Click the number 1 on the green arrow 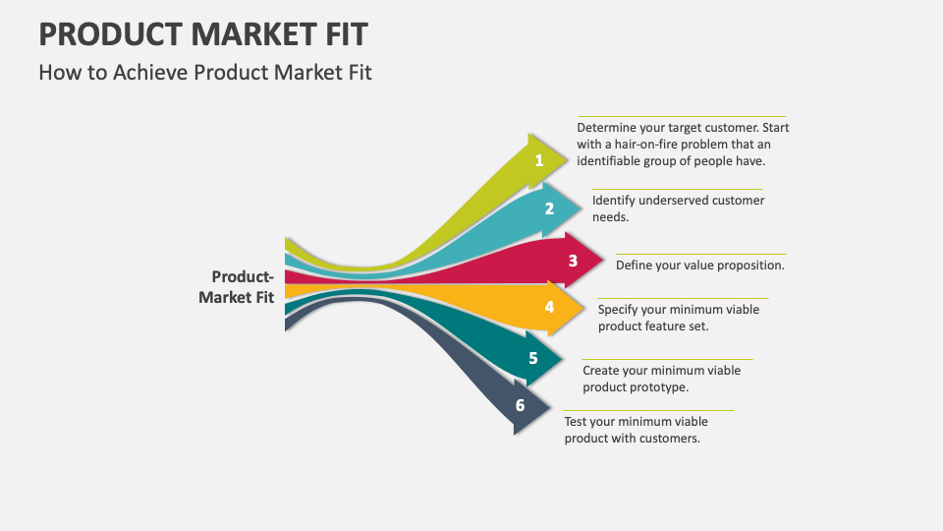(538, 160)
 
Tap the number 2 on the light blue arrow (549, 208)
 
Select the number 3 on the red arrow (573, 261)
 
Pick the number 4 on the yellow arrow (549, 307)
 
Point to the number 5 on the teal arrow (532, 358)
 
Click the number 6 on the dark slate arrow (520, 405)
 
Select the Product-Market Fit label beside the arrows (238, 287)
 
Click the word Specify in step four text (620, 310)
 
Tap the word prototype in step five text (661, 387)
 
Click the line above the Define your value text (700, 254)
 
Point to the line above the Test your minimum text (648, 410)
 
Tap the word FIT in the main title (342, 34)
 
